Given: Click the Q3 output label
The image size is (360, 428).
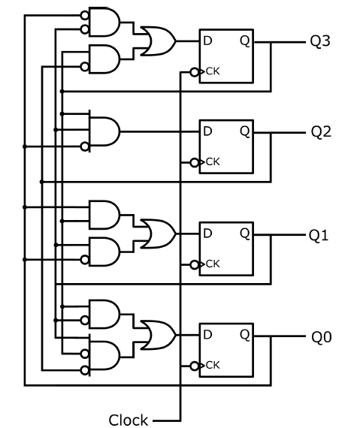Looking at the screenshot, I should point(320,41).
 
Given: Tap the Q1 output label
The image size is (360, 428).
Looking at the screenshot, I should point(319,235).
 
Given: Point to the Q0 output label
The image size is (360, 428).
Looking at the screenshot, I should point(321,337).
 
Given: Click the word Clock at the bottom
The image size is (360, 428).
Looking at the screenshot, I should point(128,420).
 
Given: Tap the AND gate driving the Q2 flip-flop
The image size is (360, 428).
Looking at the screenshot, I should point(104,131).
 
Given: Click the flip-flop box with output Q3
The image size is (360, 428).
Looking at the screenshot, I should point(225,56).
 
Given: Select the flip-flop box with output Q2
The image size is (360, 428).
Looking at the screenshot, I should point(225,146).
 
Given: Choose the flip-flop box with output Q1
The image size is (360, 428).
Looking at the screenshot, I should point(225,249).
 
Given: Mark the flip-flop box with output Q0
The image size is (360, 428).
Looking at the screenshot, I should point(225,350).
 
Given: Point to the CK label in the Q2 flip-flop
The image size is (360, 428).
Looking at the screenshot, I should point(213,162).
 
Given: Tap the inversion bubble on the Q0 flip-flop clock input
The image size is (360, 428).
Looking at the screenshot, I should point(195,366).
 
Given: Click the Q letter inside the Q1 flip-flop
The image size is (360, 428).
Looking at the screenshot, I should point(244,234).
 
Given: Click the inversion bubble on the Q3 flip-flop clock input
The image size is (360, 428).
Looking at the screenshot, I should point(195,72).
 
